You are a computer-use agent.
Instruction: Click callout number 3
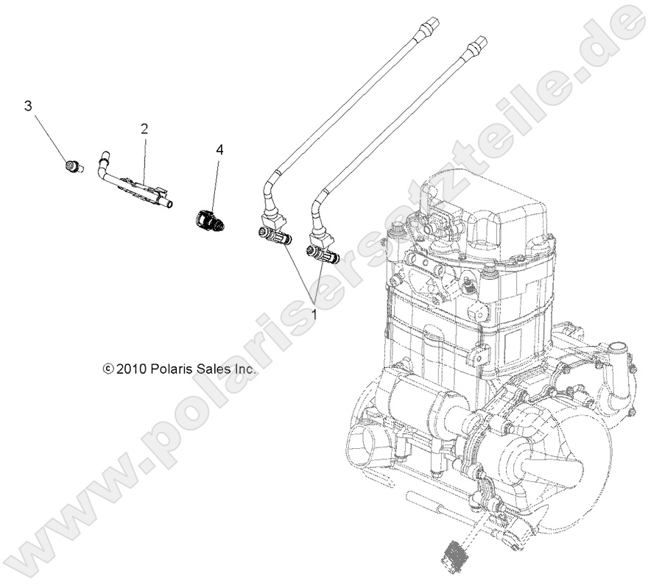(x=29, y=106)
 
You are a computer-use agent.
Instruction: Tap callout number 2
(x=144, y=129)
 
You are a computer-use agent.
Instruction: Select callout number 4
(x=219, y=149)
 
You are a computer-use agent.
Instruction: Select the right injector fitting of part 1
(x=323, y=255)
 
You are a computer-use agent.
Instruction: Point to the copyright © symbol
(x=109, y=369)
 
